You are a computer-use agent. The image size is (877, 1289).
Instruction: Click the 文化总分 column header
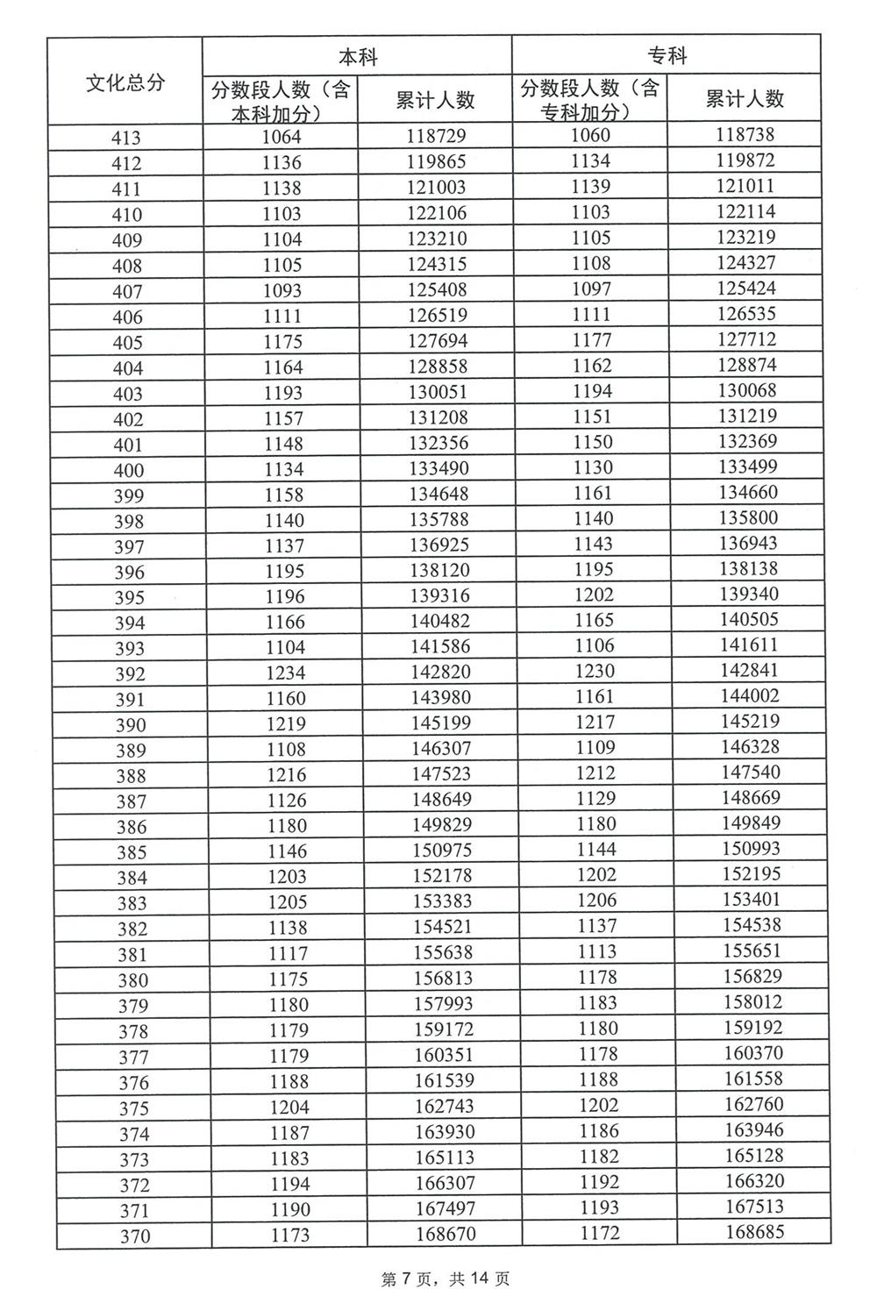[x=125, y=83]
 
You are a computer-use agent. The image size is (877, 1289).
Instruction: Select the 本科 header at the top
[x=357, y=57]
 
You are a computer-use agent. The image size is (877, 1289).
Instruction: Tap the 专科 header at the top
[x=667, y=56]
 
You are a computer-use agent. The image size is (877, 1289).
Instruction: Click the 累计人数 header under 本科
[x=435, y=100]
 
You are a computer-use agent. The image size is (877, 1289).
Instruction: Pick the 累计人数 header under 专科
[x=745, y=98]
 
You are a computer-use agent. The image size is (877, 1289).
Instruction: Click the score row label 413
[x=126, y=138]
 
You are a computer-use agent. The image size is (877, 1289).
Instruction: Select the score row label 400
[x=128, y=470]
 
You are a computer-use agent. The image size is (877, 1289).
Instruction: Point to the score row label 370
[x=134, y=1236]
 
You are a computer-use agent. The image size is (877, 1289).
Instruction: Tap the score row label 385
[x=132, y=852]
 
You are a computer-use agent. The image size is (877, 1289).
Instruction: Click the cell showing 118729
[x=436, y=136]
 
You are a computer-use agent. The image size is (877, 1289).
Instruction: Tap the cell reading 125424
[x=746, y=288]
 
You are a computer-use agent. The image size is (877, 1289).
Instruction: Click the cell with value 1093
[x=282, y=289]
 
